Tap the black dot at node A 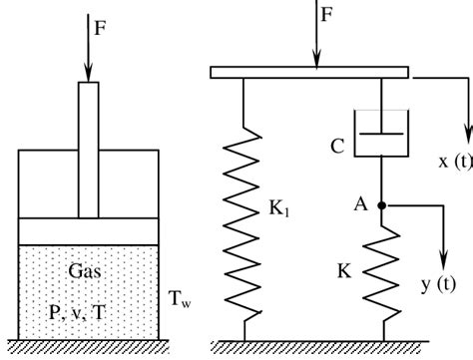click(x=383, y=205)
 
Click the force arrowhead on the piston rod click(x=89, y=76)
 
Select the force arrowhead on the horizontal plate click(x=314, y=62)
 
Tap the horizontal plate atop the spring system click(x=309, y=74)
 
